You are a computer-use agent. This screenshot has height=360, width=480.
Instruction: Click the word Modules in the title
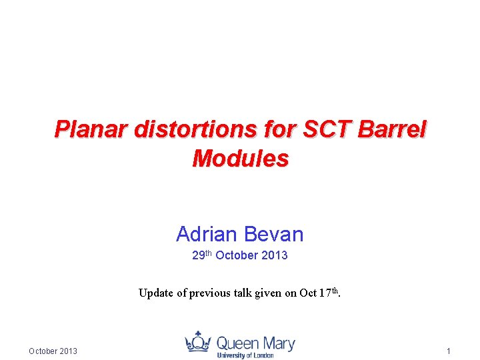point(240,159)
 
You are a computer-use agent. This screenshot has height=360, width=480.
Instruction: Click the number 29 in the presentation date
point(198,256)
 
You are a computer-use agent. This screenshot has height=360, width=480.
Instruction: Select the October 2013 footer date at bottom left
point(53,351)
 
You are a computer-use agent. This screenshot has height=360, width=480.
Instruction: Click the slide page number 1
point(449,351)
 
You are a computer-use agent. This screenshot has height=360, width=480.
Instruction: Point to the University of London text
point(245,355)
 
